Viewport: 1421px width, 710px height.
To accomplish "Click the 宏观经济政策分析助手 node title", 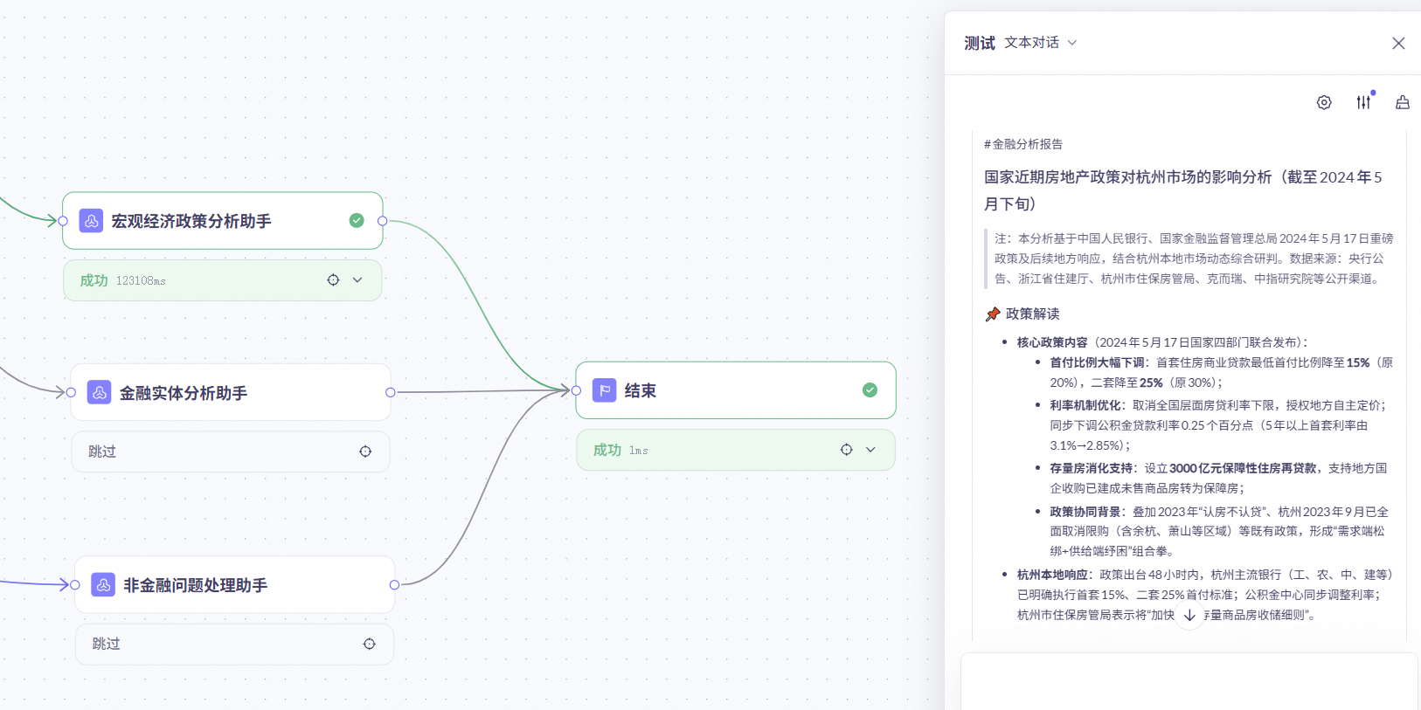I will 191,221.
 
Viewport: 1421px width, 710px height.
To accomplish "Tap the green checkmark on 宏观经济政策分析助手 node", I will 357,220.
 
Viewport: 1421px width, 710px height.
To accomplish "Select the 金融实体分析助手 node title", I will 183,393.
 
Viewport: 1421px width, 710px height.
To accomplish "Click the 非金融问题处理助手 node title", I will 195,585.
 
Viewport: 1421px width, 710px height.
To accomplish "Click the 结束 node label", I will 640,390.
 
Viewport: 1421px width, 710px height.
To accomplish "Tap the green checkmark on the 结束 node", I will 870,390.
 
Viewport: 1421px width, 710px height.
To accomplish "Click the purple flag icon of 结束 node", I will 604,390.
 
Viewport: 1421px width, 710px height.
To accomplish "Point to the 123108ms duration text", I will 141,280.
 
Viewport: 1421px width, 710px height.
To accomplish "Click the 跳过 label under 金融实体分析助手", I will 102,452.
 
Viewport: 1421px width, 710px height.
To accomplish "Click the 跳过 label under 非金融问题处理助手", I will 106,644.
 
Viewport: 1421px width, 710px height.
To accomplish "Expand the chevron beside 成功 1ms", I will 870,450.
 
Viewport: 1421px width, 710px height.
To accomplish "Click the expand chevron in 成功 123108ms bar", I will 357,280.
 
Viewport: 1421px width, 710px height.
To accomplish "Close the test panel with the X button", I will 1398,44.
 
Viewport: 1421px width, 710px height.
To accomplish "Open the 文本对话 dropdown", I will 1040,43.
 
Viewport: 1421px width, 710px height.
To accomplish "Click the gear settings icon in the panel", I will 1324,102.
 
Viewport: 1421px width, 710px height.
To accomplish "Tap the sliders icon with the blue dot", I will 1363,102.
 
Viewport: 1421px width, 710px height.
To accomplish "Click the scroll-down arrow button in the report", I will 1189,615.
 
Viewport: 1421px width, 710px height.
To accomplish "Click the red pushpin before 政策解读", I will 993,314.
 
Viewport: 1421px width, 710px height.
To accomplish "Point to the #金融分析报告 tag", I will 1023,144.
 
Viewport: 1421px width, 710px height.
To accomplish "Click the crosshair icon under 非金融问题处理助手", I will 370,644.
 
